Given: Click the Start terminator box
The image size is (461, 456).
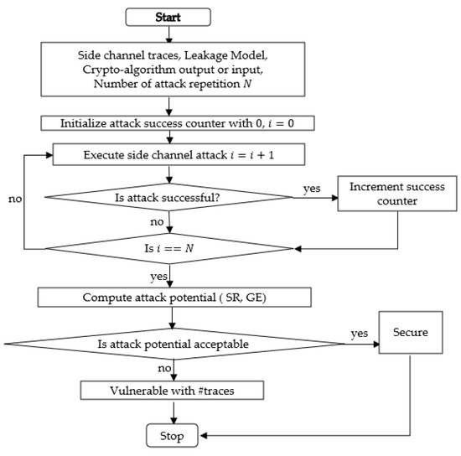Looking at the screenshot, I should [168, 16].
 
